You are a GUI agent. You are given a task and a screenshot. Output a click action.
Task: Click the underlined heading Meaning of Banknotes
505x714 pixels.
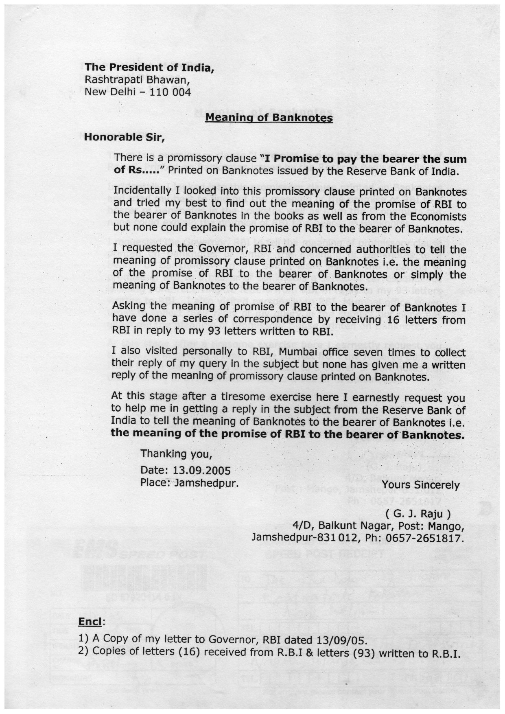(x=269, y=118)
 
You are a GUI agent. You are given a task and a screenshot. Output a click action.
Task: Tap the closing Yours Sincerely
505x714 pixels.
(x=421, y=485)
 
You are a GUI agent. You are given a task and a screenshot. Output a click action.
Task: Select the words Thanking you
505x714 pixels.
(x=176, y=453)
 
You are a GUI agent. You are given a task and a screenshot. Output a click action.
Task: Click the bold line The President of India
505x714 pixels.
(x=149, y=67)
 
